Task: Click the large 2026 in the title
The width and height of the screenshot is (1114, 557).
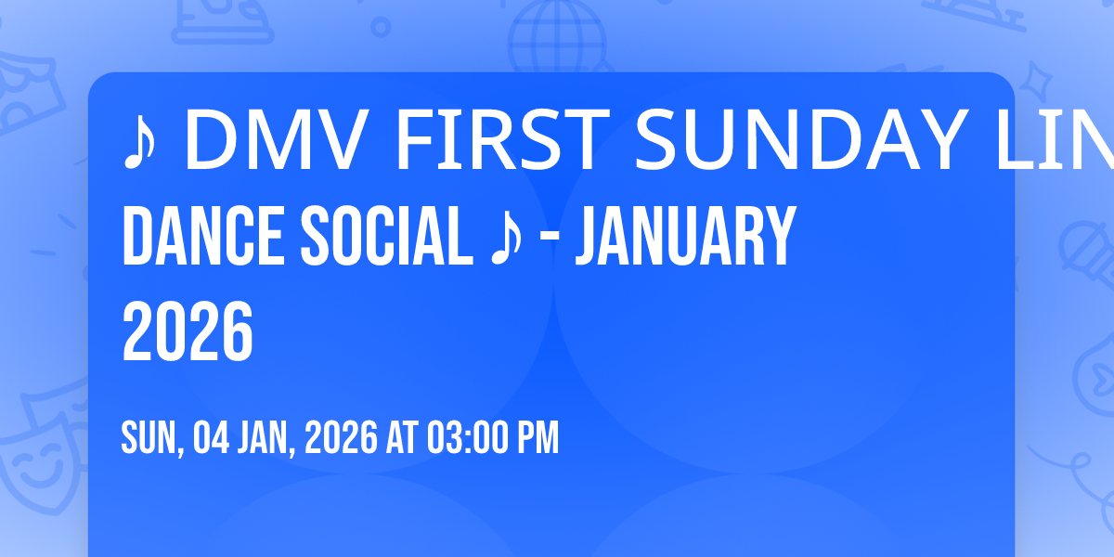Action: click(188, 332)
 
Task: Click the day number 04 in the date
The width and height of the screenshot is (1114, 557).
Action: click(212, 438)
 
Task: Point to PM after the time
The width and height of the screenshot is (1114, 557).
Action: click(539, 438)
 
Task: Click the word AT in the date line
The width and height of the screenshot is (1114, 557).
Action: click(402, 438)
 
